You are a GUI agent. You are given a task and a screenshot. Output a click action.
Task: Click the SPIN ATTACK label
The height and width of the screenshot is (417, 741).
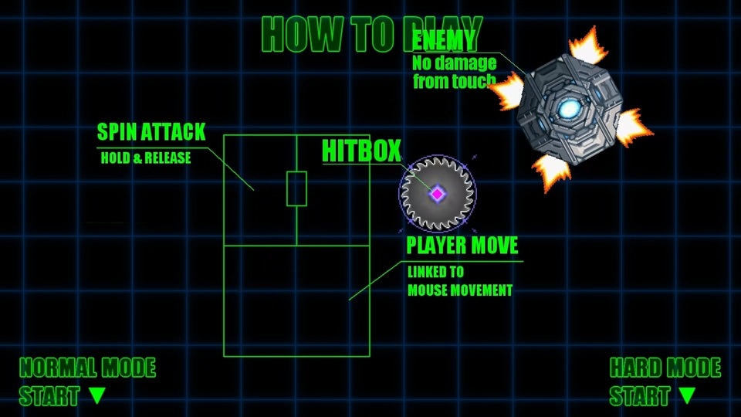[x=151, y=131]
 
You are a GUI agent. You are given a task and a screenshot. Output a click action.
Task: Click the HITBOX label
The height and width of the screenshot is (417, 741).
[x=361, y=151]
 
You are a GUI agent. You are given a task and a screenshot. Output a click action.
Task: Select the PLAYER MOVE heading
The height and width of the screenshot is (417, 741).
[x=462, y=246]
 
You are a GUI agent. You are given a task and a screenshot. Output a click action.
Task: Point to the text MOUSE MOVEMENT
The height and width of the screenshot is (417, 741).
[x=460, y=290]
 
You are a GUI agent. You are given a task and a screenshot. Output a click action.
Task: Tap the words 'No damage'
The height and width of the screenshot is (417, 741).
[x=454, y=63]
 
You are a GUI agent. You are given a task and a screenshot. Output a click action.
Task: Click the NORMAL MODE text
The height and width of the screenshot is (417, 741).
[x=87, y=368]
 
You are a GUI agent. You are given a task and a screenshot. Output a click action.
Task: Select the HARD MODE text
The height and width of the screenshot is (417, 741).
[x=665, y=368]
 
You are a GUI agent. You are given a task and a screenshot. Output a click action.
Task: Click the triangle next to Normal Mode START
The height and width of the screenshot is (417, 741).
[x=96, y=395]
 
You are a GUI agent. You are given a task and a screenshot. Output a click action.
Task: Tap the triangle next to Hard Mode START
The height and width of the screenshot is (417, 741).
[x=687, y=395]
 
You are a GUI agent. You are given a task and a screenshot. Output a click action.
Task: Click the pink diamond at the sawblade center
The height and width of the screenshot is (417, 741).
[x=438, y=194]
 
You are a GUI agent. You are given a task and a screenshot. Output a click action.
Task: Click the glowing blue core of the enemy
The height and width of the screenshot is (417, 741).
[x=570, y=110]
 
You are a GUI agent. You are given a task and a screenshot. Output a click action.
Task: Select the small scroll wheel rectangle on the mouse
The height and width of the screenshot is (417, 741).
[x=296, y=188]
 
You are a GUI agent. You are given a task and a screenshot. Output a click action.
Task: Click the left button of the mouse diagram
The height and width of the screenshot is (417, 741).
[x=260, y=190]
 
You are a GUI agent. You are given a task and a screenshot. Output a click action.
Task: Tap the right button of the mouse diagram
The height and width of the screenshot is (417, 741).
[x=333, y=190]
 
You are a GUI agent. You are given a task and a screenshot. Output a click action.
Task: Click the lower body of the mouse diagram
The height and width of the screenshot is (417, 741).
[x=296, y=300]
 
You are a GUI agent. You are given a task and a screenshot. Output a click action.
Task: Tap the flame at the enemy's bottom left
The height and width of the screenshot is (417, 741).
[x=553, y=171]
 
